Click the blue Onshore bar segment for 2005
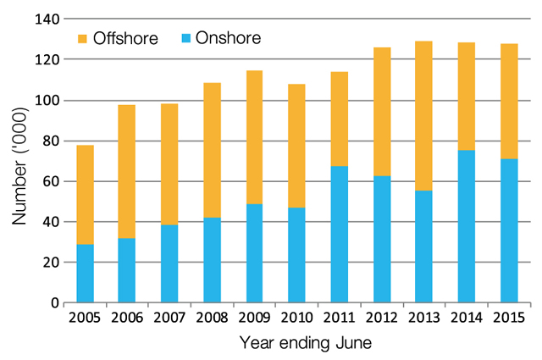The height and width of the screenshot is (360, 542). pyautogui.click(x=85, y=273)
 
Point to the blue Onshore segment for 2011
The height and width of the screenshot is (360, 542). pyautogui.click(x=339, y=234)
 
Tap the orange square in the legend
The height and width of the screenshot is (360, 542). pyautogui.click(x=83, y=38)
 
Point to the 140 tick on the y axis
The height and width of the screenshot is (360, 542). pyautogui.click(x=42, y=19)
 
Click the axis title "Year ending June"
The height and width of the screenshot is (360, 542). pyautogui.click(x=296, y=342)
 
